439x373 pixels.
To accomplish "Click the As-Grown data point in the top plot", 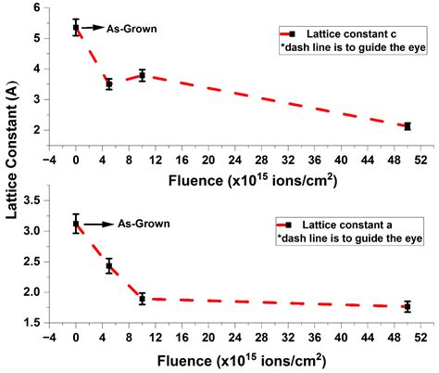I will (x=76, y=28).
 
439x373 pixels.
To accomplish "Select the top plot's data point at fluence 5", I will (x=109, y=84).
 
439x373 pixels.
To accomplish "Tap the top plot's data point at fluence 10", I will (x=142, y=75).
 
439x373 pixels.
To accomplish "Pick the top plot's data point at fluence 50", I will (x=408, y=126).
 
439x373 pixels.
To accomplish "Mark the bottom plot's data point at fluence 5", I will (x=109, y=266).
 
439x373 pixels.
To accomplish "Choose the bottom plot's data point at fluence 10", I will (x=142, y=299).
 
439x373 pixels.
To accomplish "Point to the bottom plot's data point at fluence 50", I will (x=408, y=306).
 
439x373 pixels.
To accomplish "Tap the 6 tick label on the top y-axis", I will (x=37, y=8).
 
